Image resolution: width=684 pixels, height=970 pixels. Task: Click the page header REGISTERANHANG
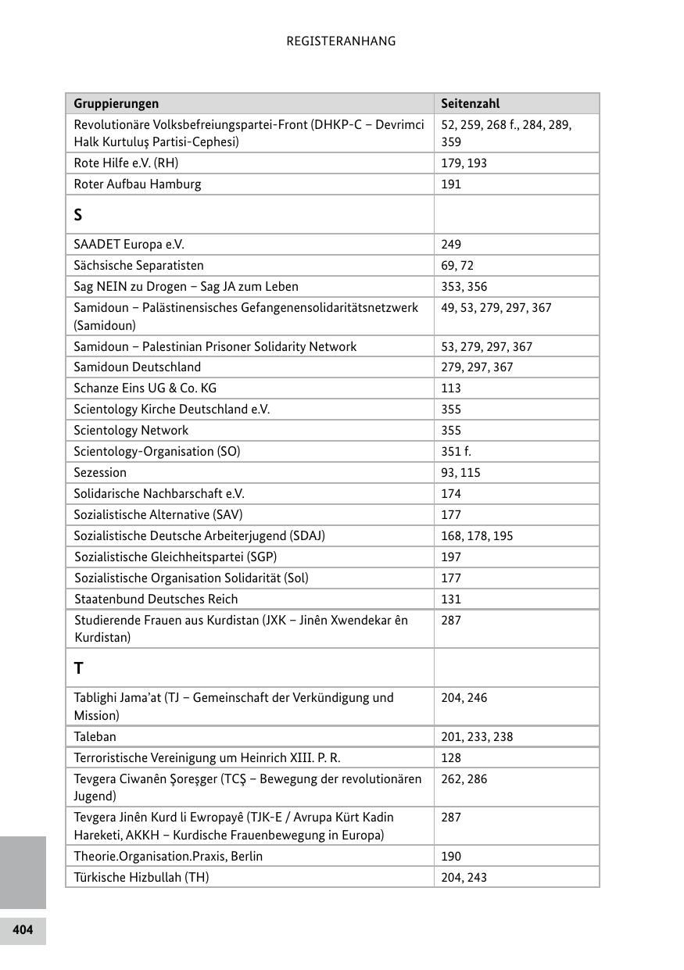341,41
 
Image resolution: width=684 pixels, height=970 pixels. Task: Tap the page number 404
23,929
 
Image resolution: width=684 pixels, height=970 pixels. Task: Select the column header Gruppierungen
116,103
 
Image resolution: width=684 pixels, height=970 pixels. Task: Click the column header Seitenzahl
470,103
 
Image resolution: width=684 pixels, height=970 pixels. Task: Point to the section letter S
78,215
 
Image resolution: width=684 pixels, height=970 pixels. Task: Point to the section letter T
78,668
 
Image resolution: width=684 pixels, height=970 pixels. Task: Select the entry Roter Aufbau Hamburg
137,184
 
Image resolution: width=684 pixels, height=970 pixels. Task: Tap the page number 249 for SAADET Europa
451,245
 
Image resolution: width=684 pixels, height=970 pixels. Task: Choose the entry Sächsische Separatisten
138,266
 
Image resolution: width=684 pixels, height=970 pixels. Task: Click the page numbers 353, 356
464,287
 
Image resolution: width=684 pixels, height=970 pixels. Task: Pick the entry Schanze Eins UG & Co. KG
145,388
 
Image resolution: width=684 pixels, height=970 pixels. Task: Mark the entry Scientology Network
131,431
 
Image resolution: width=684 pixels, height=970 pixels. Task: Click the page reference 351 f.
456,452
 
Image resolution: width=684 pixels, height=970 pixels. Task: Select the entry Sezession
100,473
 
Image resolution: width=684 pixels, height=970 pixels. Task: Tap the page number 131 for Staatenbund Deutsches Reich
451,600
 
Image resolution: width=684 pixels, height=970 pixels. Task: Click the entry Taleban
95,737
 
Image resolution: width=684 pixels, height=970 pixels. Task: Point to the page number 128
451,758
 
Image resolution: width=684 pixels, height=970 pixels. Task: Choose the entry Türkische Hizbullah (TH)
141,878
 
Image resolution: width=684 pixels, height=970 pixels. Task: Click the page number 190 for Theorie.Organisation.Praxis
451,857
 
